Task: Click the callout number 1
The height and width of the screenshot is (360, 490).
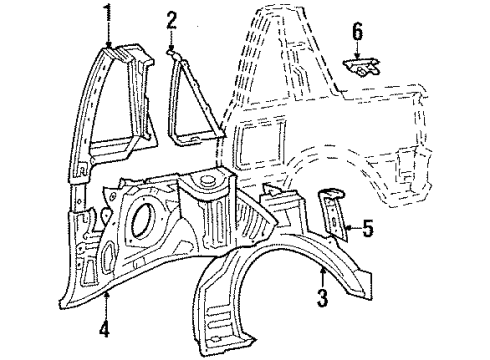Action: [108, 13]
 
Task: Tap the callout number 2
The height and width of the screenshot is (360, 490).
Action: [171, 20]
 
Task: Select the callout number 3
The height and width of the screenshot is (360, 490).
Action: [322, 297]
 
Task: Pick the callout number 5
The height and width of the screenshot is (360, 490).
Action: [367, 228]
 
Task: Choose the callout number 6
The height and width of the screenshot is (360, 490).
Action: [357, 32]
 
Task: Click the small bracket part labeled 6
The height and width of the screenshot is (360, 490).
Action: [362, 68]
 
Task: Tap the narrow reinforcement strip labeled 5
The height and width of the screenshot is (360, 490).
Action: [333, 213]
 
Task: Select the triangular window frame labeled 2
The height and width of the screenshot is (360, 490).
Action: [195, 100]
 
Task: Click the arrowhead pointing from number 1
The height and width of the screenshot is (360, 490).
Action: [108, 45]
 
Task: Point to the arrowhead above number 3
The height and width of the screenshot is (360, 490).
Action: [322, 271]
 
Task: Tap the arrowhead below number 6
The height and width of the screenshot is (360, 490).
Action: [357, 57]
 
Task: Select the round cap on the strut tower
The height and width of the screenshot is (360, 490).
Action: [207, 180]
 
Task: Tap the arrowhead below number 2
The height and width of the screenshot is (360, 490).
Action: [171, 49]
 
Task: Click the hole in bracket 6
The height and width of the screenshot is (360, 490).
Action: [361, 70]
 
